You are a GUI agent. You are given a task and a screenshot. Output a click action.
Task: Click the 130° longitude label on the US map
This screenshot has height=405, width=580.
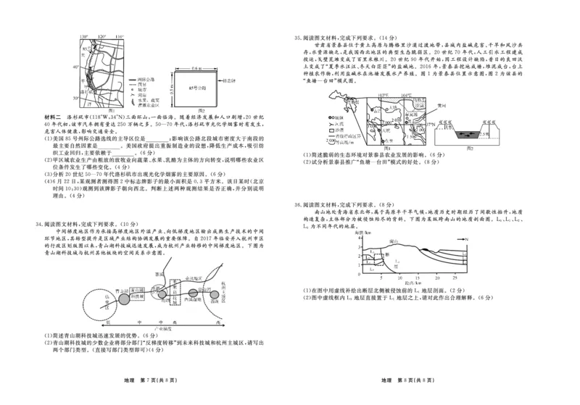[x=84, y=36]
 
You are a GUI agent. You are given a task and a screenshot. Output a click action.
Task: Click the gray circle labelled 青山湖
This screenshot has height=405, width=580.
[x=99, y=297]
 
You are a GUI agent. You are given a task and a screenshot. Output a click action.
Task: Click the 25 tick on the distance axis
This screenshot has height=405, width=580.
[x=453, y=277]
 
